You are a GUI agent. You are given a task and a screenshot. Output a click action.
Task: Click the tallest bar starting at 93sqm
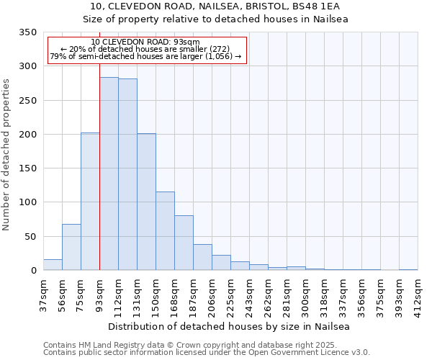[109, 174]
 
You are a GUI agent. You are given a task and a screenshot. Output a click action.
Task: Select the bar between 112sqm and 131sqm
[127, 174]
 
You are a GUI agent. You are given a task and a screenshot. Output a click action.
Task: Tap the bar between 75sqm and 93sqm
[90, 202]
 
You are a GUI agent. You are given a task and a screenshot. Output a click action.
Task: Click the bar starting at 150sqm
[165, 231]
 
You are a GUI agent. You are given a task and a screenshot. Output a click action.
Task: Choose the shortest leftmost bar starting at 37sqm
[53, 265]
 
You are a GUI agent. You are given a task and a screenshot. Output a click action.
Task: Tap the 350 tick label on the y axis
[28, 32]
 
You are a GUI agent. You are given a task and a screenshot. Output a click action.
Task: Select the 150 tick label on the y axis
[28, 168]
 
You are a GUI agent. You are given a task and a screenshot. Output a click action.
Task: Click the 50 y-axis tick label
[31, 236]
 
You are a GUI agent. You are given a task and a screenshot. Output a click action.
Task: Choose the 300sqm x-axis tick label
[305, 295]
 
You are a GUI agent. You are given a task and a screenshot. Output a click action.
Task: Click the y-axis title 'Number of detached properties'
[7, 155]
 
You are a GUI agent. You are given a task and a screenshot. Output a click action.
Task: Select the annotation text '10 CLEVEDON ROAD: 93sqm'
[145, 42]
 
